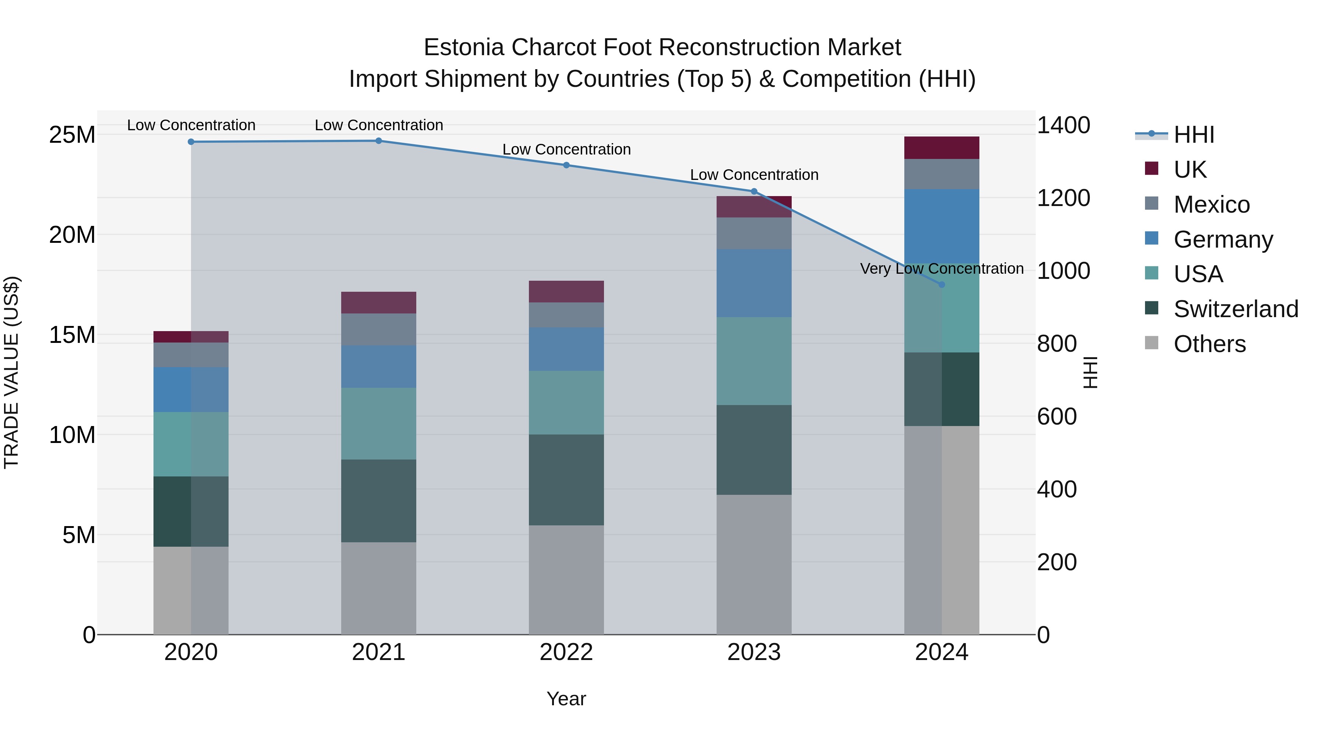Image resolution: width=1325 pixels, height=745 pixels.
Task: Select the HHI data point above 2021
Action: click(x=379, y=141)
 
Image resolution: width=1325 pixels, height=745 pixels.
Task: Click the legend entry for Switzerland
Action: click(x=1236, y=309)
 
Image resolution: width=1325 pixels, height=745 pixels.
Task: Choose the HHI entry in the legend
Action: click(x=1193, y=135)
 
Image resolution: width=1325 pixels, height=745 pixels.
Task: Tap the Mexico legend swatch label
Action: click(x=1211, y=205)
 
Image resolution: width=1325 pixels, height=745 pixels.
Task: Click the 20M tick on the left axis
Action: click(x=72, y=235)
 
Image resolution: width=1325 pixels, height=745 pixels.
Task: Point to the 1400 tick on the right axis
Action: click(x=1063, y=125)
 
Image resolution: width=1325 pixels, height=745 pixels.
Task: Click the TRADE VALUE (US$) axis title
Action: click(x=11, y=372)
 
